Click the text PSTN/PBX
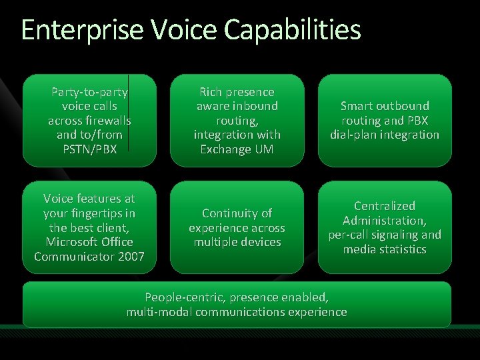point(89,149)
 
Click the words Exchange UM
point(237,149)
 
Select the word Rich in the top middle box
point(212,92)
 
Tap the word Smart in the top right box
point(357,106)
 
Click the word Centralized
point(385,206)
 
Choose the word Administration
point(383,221)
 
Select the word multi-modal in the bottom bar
point(160,312)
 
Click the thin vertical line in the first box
point(128,107)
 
